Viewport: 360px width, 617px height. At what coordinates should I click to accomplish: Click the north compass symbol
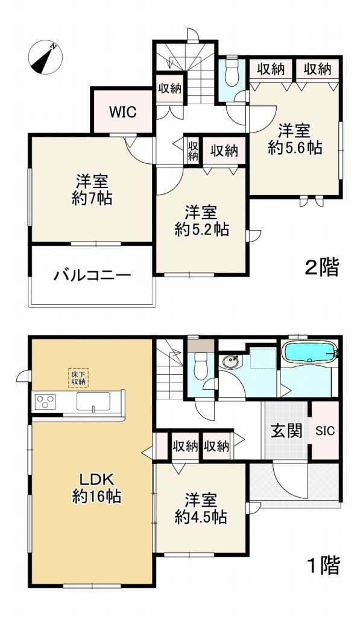pos(46,57)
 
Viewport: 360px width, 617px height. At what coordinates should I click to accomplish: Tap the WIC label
pos(122,111)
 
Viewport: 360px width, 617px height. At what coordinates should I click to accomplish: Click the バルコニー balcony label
pos(92,277)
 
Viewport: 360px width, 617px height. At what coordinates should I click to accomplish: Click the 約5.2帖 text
pos(201,229)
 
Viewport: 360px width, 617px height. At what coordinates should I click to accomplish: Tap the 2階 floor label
pos(321,267)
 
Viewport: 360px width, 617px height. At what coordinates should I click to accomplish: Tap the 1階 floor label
pos(323,566)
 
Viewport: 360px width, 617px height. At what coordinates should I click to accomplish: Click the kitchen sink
pos(93,401)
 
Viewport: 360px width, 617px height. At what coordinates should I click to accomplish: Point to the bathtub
pos(309,352)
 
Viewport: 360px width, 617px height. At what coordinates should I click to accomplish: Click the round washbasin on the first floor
pos(229,362)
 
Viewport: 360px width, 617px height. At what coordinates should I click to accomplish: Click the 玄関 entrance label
pos(286,432)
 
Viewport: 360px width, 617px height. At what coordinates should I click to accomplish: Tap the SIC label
pos(325,431)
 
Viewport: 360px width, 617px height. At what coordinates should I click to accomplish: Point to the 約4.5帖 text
pos(201,517)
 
